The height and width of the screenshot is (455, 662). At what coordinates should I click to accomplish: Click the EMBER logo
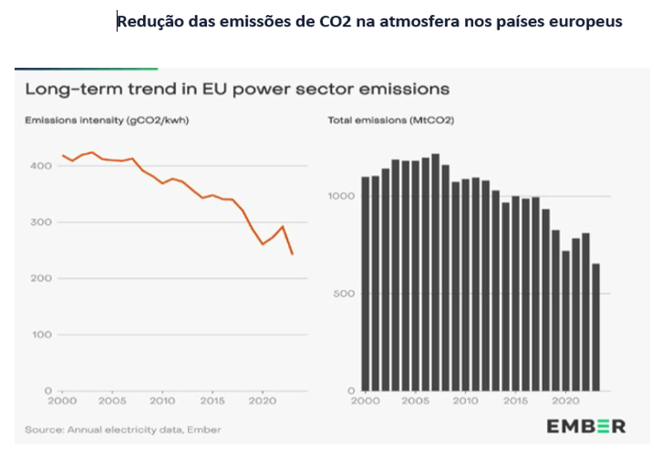click(x=586, y=427)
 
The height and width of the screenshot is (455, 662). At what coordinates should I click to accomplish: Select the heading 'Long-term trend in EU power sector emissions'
click(x=237, y=87)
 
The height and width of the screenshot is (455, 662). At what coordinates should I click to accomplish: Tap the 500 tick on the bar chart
click(x=346, y=294)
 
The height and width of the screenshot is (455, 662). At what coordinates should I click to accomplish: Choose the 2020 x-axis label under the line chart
click(x=261, y=400)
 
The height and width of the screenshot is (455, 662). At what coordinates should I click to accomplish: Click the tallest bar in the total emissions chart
click(x=435, y=272)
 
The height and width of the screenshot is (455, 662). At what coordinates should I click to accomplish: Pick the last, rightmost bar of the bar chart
click(x=597, y=327)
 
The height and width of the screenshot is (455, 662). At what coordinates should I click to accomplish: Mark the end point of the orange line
click(x=292, y=254)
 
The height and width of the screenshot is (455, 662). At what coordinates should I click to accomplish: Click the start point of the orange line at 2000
click(x=63, y=156)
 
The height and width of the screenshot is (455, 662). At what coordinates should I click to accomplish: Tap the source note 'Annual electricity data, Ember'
click(x=123, y=429)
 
